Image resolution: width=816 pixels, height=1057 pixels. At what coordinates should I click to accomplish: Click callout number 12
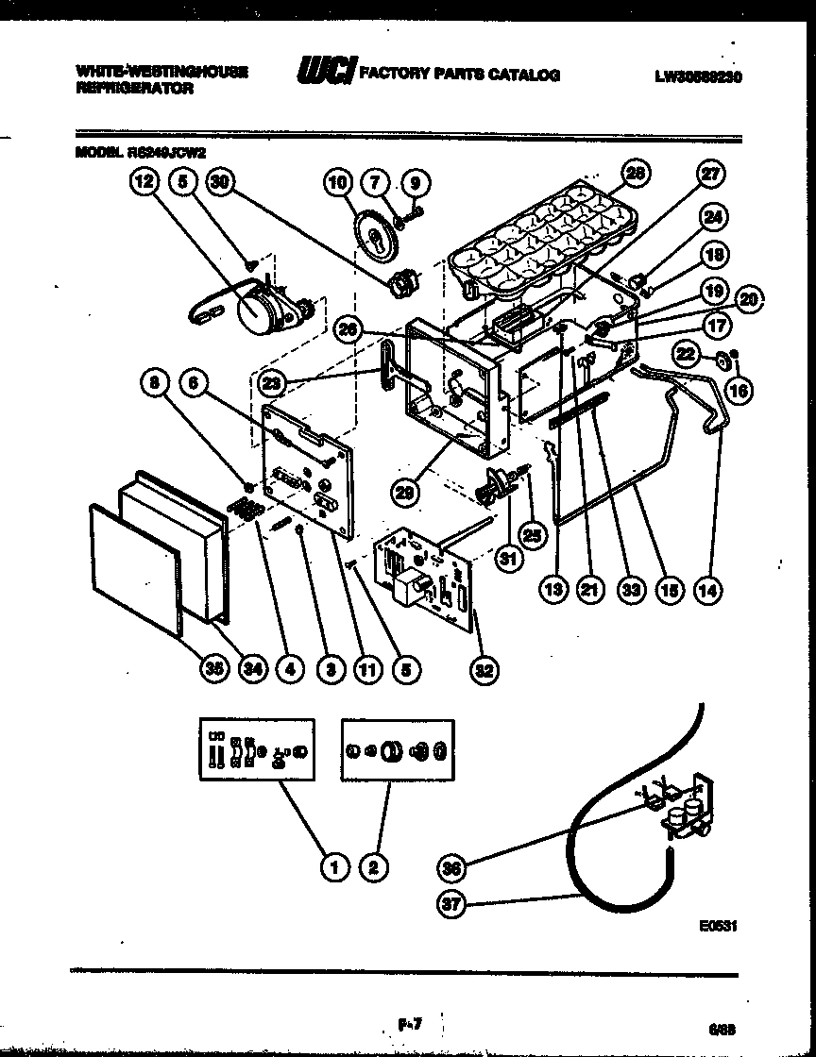(144, 183)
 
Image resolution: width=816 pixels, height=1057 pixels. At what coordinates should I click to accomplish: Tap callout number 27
(710, 174)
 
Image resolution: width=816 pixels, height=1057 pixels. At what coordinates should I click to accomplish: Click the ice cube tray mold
(538, 236)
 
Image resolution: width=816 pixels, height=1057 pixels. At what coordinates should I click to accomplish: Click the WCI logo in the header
(327, 72)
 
